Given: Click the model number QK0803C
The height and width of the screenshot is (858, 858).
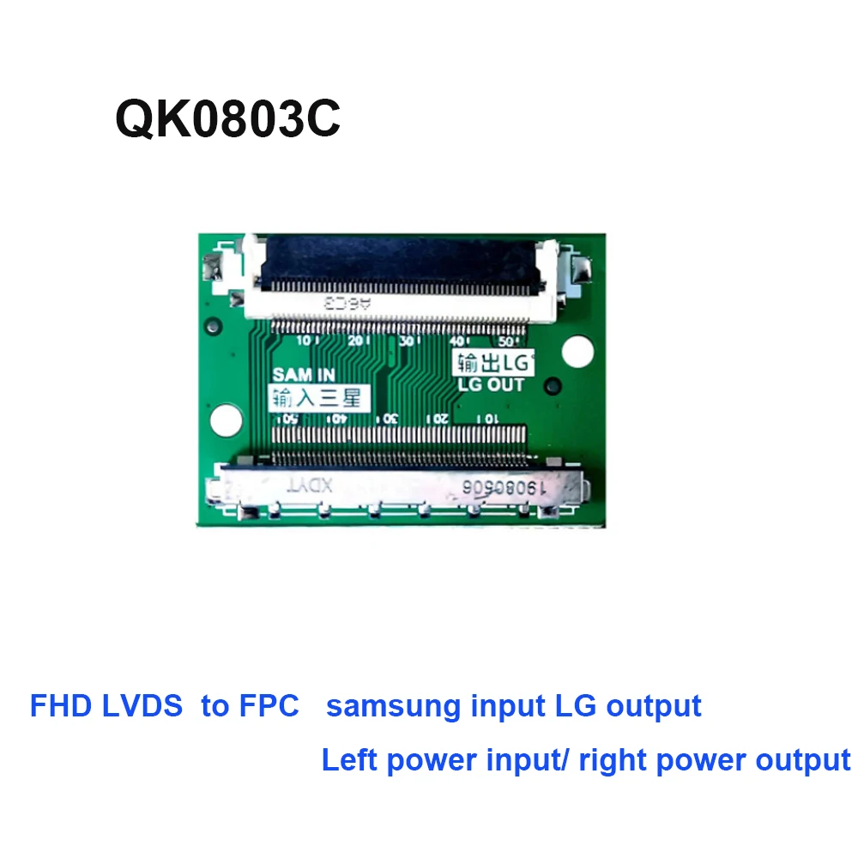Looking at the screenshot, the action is click(227, 119).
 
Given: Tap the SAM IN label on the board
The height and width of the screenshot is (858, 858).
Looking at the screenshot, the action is click(303, 375).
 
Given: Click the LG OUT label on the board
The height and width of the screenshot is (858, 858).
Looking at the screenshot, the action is click(492, 385).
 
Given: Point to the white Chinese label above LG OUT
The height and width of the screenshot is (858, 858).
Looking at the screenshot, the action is click(493, 362).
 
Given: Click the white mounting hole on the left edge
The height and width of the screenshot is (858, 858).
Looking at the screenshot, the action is click(225, 419).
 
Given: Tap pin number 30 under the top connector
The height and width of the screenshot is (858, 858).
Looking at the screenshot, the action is click(408, 341).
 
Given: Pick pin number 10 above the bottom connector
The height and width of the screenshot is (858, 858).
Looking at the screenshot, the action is click(488, 419).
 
